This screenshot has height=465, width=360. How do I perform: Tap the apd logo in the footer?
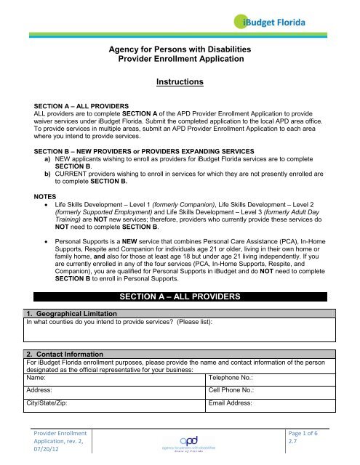[x=179, y=442]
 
